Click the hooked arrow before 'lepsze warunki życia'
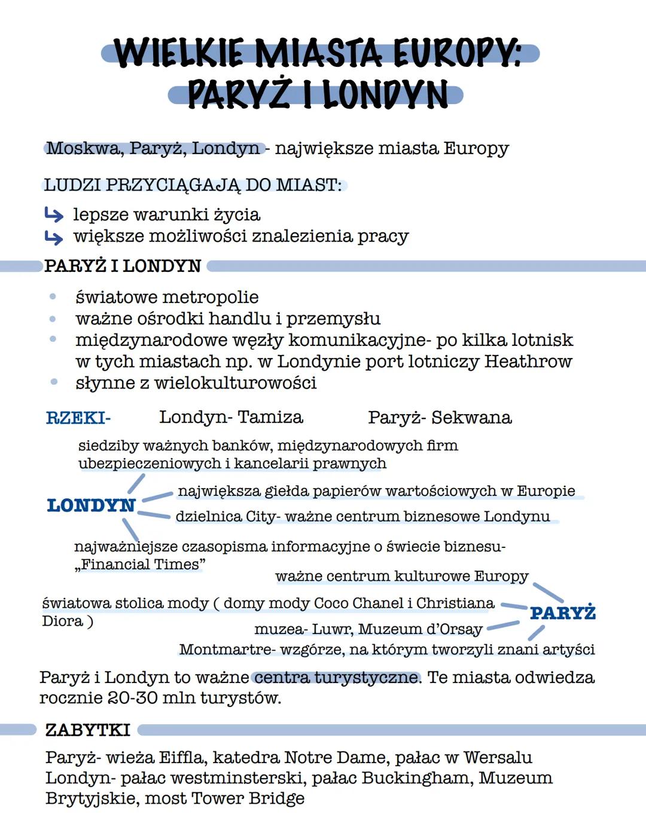pos(54,215)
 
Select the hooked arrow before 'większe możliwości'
pos(54,237)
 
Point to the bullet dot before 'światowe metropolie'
pos(53,296)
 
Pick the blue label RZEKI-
pos(78,418)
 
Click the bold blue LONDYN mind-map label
pos(91,506)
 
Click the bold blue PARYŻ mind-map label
pos(562,613)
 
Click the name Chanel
pos(378,604)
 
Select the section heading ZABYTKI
pos(87,730)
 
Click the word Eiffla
pos(182,758)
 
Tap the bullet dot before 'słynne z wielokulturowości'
pos(53,382)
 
